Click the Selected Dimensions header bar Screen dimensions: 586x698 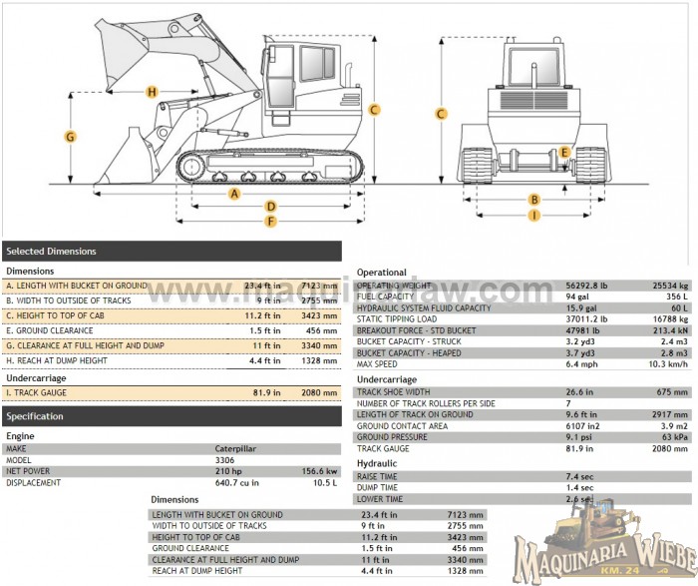coord(171,251)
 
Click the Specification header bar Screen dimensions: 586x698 coord(171,416)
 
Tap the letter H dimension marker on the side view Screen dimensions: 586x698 coord(152,92)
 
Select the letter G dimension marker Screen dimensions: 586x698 coord(71,136)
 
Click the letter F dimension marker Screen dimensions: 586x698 coord(270,220)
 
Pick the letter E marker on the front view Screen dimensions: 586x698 coord(564,153)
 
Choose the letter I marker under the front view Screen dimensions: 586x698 coord(534,215)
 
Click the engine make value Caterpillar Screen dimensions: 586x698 coord(237,448)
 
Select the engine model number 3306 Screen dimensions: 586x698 coord(225,459)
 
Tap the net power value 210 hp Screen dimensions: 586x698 coord(229,470)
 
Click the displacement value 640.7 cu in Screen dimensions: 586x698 coord(237,482)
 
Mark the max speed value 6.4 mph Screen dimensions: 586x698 coord(581,363)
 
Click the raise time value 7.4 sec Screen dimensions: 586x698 coord(579,477)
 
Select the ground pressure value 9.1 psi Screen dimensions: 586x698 coord(579,436)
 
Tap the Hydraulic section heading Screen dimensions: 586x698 coord(377,464)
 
